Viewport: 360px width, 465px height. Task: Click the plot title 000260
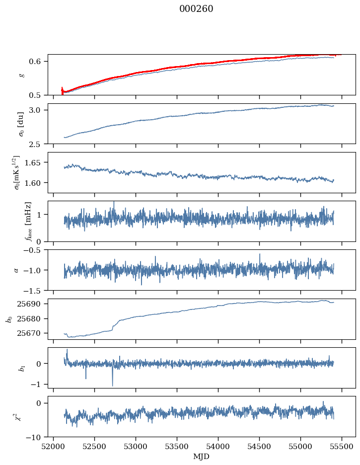click(196, 9)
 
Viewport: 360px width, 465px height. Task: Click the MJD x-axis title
click(201, 457)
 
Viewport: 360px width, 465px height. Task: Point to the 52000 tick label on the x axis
click(54, 446)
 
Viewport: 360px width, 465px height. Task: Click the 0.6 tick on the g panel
click(38, 61)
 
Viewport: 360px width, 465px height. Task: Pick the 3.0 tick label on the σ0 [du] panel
click(38, 110)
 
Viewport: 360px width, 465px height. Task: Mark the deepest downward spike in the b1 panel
click(112, 385)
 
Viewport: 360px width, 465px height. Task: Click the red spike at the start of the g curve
click(62, 90)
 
